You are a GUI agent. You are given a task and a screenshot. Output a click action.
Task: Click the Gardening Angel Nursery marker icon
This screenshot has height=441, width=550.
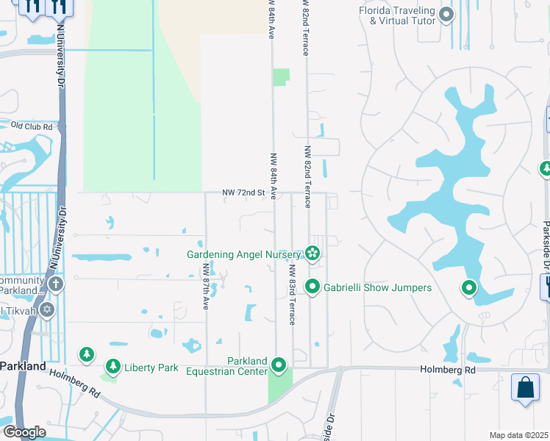[312, 254]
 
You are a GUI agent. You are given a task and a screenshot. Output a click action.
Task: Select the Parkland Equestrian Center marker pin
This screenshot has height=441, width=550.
[279, 365]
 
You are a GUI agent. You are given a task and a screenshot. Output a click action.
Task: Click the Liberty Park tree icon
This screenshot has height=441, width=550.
[113, 366]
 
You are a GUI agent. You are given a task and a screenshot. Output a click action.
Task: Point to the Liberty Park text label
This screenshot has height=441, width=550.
[151, 367]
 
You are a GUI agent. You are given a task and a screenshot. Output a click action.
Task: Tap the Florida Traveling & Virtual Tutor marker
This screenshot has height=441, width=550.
[446, 14]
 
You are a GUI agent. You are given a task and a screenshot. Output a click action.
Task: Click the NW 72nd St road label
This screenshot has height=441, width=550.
[243, 193]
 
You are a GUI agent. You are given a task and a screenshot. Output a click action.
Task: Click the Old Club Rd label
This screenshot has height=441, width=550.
[32, 126]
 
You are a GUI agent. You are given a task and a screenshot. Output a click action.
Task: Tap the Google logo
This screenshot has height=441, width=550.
[24, 432]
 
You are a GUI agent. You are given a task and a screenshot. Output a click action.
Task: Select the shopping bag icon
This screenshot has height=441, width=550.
[526, 388]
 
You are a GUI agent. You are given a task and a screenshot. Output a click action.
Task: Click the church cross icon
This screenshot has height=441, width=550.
[56, 284]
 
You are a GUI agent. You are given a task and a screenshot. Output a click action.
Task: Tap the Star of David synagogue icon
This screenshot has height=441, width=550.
[48, 309]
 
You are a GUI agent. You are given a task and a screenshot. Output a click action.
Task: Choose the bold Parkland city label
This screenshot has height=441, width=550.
[23, 365]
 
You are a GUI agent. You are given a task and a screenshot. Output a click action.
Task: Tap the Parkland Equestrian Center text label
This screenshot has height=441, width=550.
[247, 366]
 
